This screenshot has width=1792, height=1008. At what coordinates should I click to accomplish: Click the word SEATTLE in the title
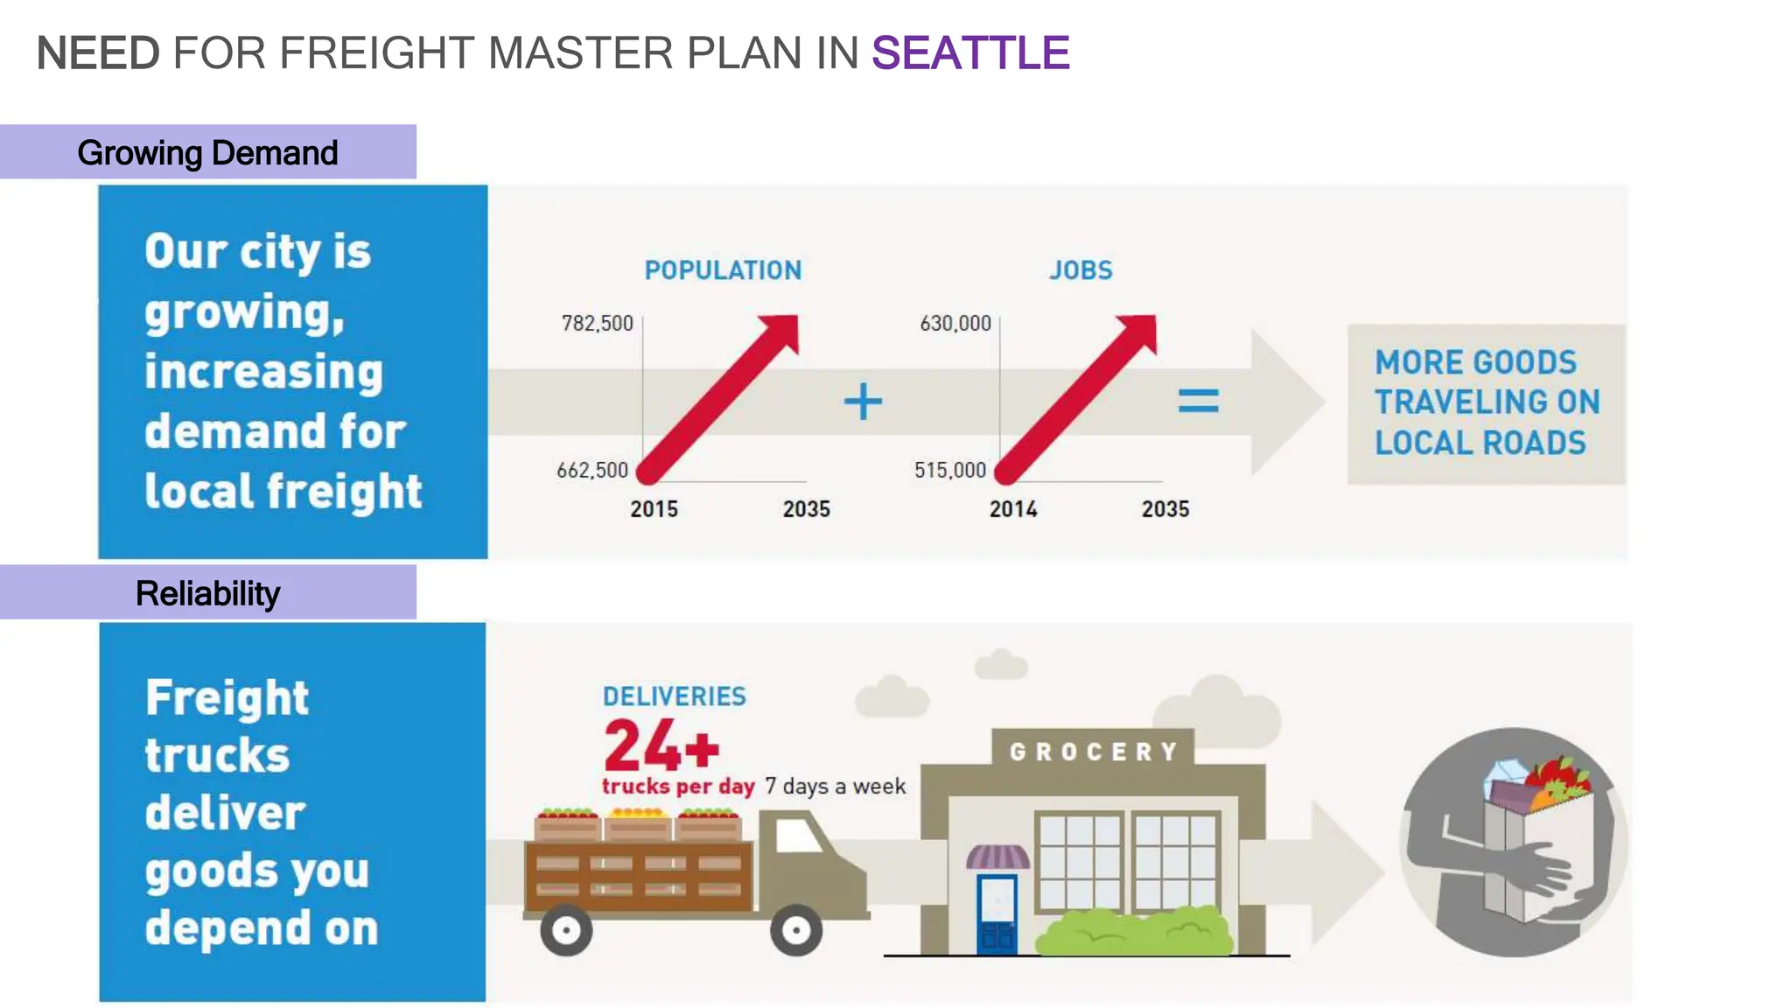[x=969, y=53]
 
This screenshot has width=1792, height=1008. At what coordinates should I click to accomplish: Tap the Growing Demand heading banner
[x=207, y=152]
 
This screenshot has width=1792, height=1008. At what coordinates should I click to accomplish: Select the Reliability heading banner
[x=207, y=593]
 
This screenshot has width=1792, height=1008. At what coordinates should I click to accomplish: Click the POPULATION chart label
[x=723, y=270]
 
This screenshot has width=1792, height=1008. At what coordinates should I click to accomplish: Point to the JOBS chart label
[x=1081, y=270]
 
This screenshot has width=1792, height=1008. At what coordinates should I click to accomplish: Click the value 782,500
[x=597, y=324]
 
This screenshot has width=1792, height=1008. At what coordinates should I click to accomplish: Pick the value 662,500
[x=592, y=471]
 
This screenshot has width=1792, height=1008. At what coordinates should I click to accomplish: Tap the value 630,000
[x=955, y=324]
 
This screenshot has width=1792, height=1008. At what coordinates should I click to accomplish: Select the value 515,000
[x=949, y=471]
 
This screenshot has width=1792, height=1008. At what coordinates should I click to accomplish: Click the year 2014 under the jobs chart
[x=1012, y=509]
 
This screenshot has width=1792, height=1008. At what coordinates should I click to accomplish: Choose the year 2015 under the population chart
[x=654, y=509]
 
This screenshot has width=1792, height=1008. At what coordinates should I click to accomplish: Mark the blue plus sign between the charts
[x=863, y=402]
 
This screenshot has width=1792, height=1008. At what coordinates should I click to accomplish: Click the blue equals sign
[x=1198, y=402]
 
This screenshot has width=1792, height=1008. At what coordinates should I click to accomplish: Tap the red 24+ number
[x=661, y=745]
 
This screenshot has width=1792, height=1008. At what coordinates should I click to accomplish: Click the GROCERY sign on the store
[x=1093, y=752]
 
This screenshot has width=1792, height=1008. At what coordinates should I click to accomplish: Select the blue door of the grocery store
[x=997, y=913]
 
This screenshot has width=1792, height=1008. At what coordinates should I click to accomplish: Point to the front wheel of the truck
[x=795, y=930]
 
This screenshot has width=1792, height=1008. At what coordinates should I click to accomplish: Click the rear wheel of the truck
[x=566, y=931]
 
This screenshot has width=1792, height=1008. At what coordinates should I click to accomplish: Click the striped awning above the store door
[x=997, y=856]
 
